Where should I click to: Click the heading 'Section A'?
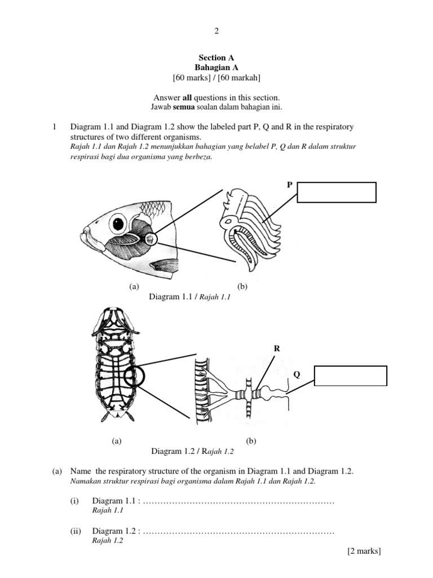tap(216, 58)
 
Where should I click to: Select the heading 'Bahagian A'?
tap(216, 67)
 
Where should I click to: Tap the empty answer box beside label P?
tap(337, 192)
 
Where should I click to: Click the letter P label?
tap(289, 185)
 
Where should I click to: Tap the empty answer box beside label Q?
tap(351, 376)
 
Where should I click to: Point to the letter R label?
tap(277, 349)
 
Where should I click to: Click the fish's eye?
tap(118, 224)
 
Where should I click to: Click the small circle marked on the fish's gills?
tap(150, 239)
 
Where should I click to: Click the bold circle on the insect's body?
tap(136, 376)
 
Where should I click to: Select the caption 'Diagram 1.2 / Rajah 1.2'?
tap(192, 451)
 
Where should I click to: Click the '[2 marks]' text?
tap(364, 551)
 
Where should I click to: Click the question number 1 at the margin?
tap(54, 127)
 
